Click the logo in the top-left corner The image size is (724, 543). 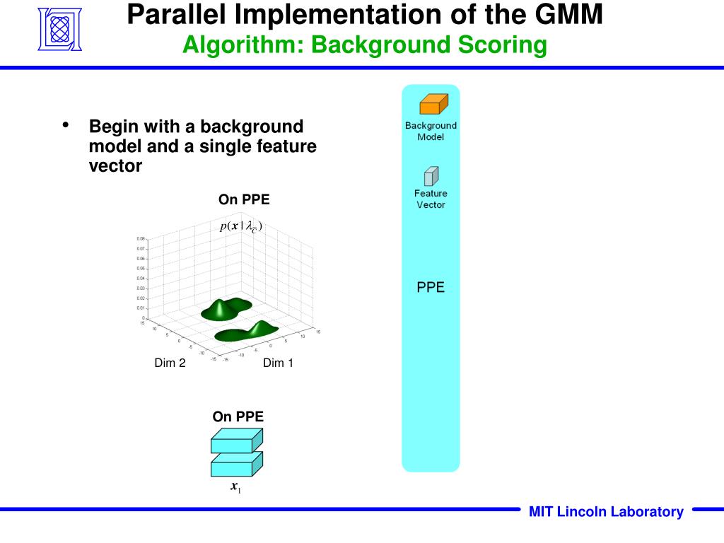pyautogui.click(x=59, y=30)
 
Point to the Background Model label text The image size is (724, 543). pyautogui.click(x=431, y=131)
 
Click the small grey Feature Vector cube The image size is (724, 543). pyautogui.click(x=431, y=176)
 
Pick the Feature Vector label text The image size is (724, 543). pyautogui.click(x=431, y=199)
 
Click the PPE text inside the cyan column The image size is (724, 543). pyautogui.click(x=431, y=288)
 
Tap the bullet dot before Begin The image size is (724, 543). pyautogui.click(x=66, y=126)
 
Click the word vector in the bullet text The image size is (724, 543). pyautogui.click(x=115, y=166)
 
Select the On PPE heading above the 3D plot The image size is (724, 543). pyautogui.click(x=244, y=199)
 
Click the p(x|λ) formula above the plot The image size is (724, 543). pyautogui.click(x=241, y=226)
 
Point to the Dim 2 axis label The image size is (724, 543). pyautogui.click(x=170, y=363)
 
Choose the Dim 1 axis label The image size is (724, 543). pyautogui.click(x=278, y=363)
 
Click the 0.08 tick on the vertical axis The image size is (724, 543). pyautogui.click(x=141, y=239)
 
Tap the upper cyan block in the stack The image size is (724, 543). pyautogui.click(x=236, y=442)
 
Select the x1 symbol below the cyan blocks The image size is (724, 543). pyautogui.click(x=236, y=487)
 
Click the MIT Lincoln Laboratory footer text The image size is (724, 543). pyautogui.click(x=606, y=512)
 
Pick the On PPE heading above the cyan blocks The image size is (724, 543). pyautogui.click(x=238, y=416)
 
